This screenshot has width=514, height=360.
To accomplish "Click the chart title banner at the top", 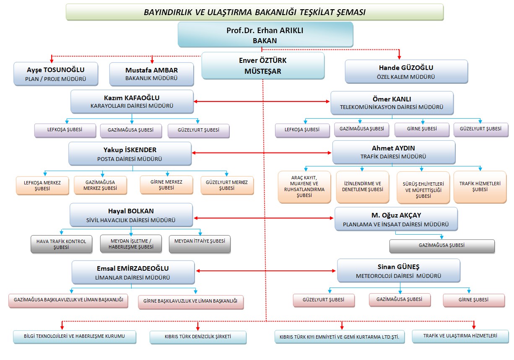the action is (255, 12).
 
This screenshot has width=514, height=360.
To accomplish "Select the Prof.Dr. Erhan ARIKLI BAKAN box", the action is (265, 35).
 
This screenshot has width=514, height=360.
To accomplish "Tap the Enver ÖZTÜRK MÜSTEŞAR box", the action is (263, 66).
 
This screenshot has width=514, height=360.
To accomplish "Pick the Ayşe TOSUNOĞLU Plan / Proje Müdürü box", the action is (56, 74).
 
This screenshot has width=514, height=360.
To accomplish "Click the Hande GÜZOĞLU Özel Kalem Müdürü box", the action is (406, 72).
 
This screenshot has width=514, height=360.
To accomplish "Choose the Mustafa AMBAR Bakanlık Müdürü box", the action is (152, 74).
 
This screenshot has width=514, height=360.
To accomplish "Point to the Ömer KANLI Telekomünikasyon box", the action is (392, 103).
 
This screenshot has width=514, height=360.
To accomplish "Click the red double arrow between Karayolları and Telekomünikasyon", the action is (262, 101).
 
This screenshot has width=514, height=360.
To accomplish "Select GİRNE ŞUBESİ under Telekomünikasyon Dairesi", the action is (422, 129).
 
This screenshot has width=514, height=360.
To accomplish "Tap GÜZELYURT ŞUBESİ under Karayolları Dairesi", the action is (198, 131).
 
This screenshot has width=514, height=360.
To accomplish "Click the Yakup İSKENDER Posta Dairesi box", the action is (130, 154).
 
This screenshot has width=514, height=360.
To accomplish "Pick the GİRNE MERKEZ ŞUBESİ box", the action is (166, 185).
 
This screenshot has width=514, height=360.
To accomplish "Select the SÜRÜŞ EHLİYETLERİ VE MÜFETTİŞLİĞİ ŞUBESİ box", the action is (423, 188).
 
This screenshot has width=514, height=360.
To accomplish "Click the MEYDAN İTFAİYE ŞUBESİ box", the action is (200, 244).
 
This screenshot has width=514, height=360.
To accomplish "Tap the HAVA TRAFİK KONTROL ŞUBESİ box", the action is (61, 244).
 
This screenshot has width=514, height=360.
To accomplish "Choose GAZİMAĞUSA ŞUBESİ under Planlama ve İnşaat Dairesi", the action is (442, 246).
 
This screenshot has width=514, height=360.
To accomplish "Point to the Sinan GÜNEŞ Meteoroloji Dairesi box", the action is (399, 271).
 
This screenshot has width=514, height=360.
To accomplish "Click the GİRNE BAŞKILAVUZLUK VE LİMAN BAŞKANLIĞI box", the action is (191, 302).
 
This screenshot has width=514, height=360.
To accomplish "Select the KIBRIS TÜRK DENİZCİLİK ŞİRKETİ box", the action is (198, 337).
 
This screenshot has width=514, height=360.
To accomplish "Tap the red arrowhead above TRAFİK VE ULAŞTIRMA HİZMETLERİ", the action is (474, 326).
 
